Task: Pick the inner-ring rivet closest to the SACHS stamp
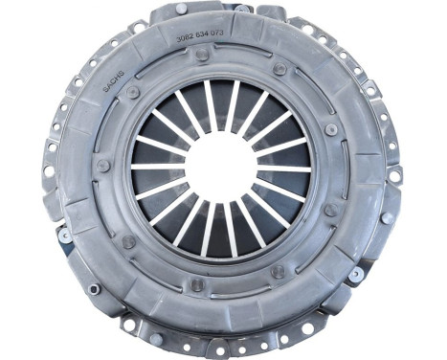click(x=132, y=93)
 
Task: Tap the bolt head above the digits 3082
click(x=182, y=10)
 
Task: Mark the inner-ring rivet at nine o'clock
click(x=102, y=166)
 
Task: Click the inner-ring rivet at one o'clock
click(x=279, y=69)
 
